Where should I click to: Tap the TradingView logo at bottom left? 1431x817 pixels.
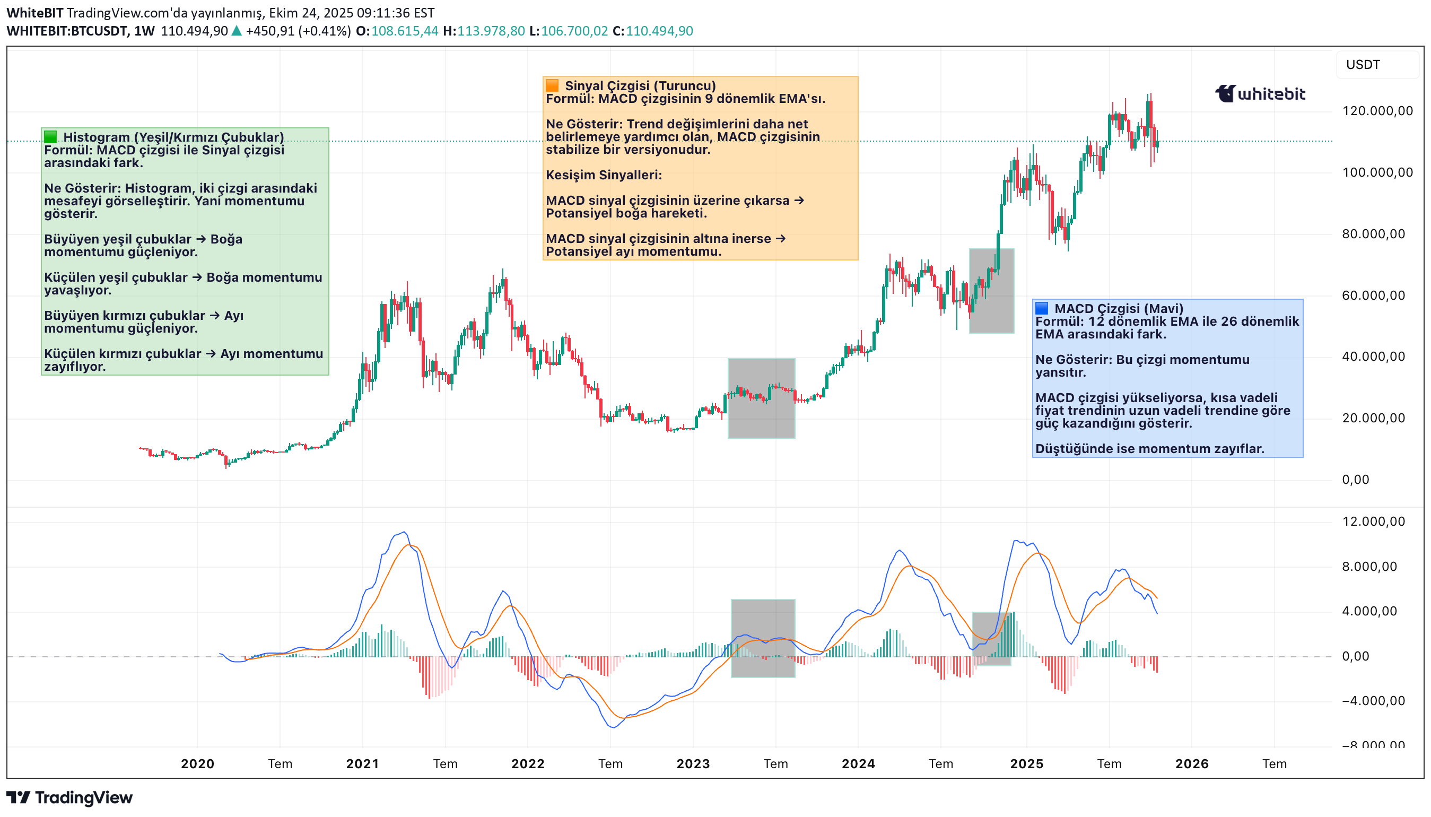click(69, 797)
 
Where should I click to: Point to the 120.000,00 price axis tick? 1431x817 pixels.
click(1376, 110)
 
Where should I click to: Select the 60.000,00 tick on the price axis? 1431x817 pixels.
click(1373, 295)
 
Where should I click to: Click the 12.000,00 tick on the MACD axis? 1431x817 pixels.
click(1373, 522)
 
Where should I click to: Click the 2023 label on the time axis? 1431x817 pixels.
click(693, 764)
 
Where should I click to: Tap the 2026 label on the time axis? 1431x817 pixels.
click(1191, 764)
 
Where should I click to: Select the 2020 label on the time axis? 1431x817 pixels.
click(197, 764)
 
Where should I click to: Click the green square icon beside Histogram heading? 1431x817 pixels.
click(50, 136)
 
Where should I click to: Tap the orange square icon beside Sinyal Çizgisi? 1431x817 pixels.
click(552, 85)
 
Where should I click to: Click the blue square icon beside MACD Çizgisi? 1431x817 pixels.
click(1041, 308)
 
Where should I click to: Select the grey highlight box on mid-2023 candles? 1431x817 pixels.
click(761, 398)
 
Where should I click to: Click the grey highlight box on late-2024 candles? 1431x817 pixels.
click(991, 291)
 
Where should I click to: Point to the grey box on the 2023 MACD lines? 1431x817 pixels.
click(763, 638)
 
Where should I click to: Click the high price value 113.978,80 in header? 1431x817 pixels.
click(490, 31)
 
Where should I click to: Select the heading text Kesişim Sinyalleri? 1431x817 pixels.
click(604, 175)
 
